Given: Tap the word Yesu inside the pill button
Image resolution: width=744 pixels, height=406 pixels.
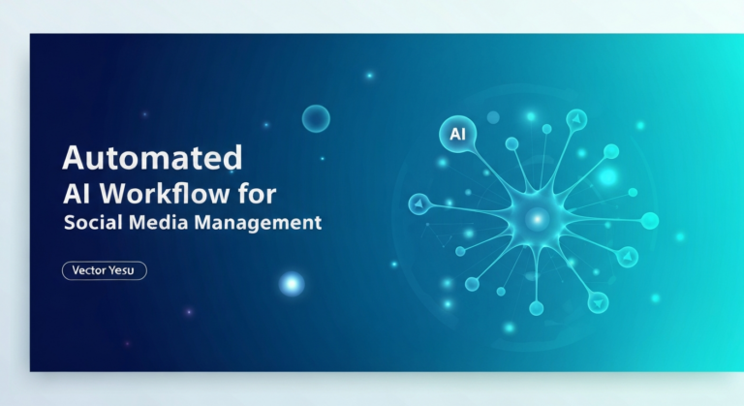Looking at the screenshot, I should [126, 271].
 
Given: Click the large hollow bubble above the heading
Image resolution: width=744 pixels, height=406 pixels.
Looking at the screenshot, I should [316, 119].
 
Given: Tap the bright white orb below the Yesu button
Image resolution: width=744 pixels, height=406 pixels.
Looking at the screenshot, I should [291, 283].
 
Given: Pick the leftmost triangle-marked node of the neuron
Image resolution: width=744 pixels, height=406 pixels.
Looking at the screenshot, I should [419, 203].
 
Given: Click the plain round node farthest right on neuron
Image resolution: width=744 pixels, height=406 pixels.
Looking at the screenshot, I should [649, 221].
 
